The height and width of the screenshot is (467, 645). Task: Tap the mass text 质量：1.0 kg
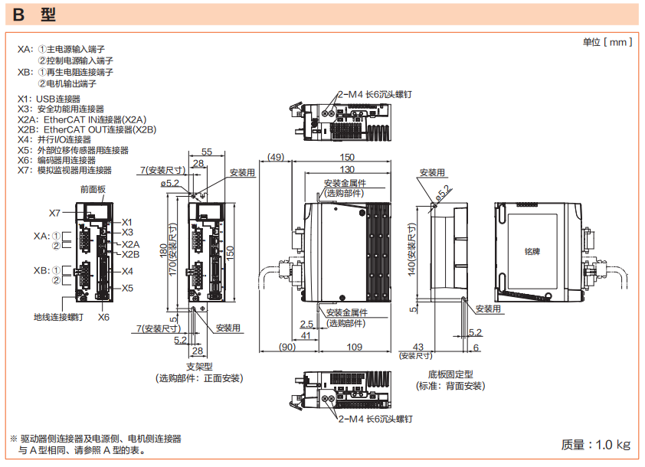click(596, 444)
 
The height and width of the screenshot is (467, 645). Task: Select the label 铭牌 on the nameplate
click(532, 250)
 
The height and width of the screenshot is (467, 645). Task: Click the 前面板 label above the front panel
click(93, 188)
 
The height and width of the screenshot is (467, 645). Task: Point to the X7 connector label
click(55, 212)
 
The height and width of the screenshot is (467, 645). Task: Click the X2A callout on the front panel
click(131, 244)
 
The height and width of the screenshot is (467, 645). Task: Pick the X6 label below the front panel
click(103, 316)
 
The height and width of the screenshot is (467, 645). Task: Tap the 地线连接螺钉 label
click(58, 316)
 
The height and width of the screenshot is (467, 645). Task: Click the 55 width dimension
click(207, 152)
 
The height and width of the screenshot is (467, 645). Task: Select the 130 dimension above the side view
click(347, 169)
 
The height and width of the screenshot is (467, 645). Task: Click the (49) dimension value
click(273, 158)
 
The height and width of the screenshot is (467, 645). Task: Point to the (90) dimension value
click(288, 348)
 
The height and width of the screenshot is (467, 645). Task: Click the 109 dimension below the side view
click(355, 348)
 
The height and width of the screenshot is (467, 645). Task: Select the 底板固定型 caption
click(450, 374)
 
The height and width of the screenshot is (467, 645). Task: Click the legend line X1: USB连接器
click(49, 99)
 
